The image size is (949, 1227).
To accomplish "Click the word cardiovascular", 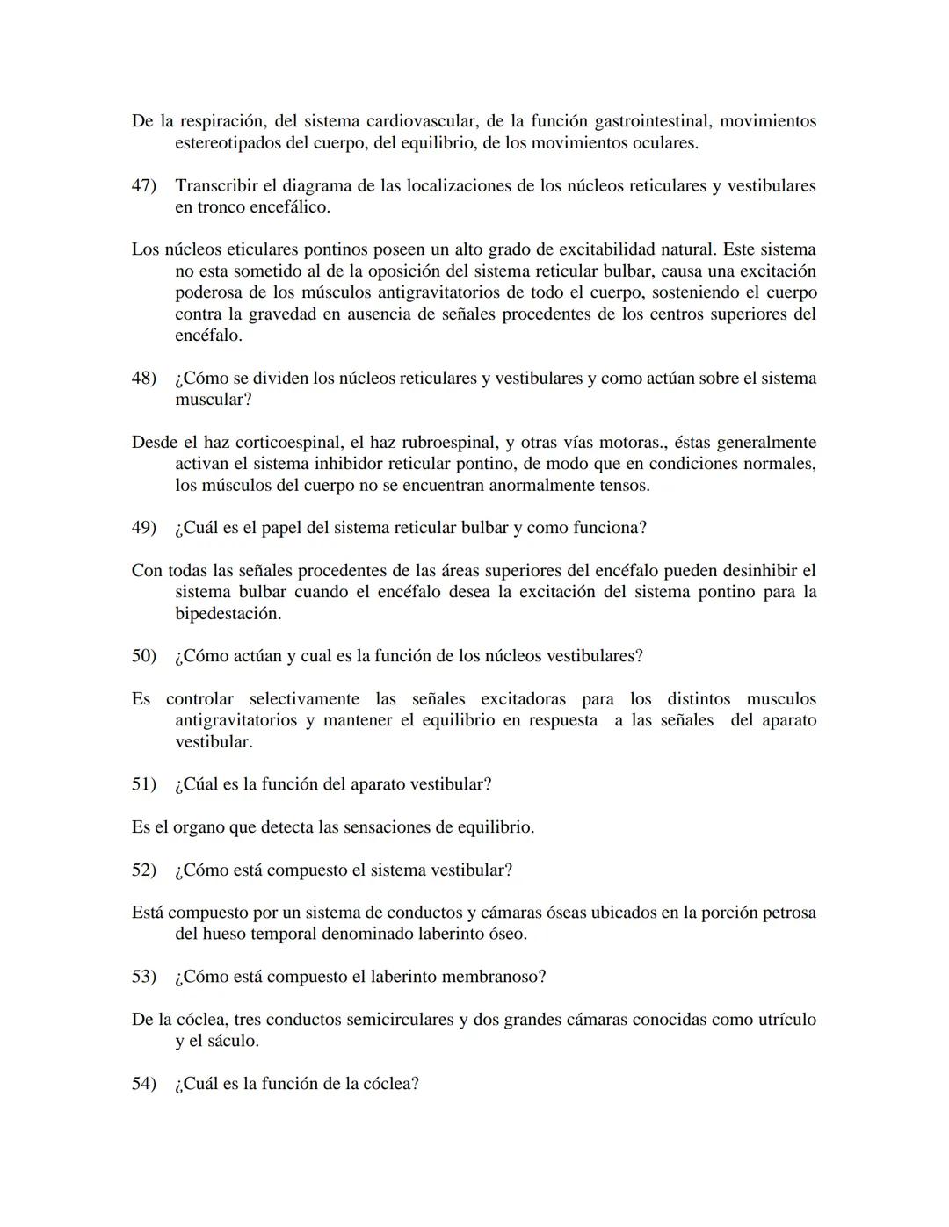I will tap(422, 121).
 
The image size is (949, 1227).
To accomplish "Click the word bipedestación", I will tap(228, 614).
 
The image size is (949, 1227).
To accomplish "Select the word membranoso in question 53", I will tap(492, 977).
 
